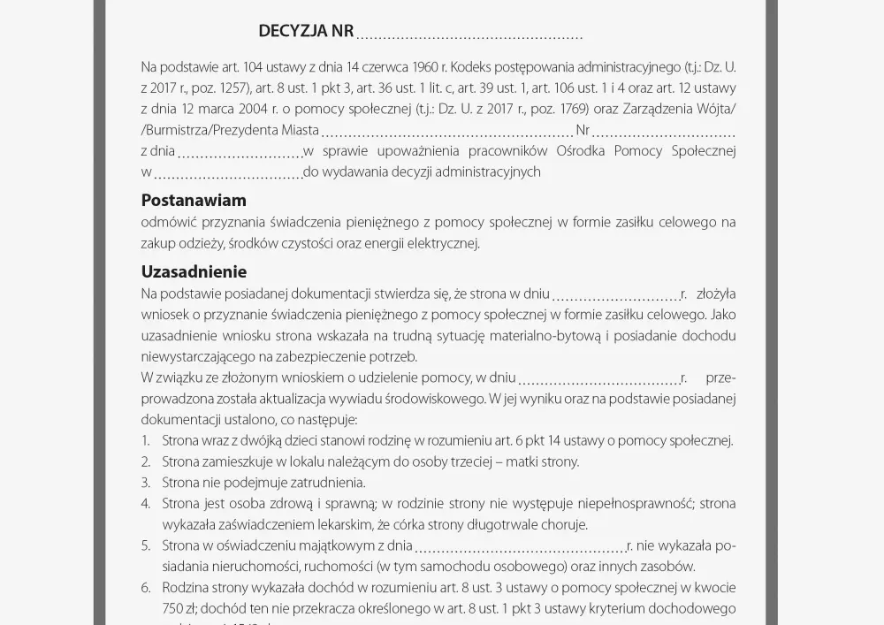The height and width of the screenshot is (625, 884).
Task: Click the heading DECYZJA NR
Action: pyautogui.click(x=306, y=32)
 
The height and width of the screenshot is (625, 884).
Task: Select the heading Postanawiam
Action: pyautogui.click(x=194, y=201)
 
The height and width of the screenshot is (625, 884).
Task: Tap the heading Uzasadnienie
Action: pyautogui.click(x=194, y=272)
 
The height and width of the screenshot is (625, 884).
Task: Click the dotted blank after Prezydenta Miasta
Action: pyautogui.click(x=447, y=133)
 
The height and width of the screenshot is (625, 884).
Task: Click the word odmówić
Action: pyautogui.click(x=168, y=222)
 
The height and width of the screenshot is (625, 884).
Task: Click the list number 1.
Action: pyautogui.click(x=145, y=440)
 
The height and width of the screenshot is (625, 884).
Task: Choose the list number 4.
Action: pyautogui.click(x=145, y=504)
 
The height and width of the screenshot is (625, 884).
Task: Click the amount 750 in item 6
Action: pyautogui.click(x=151, y=609)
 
